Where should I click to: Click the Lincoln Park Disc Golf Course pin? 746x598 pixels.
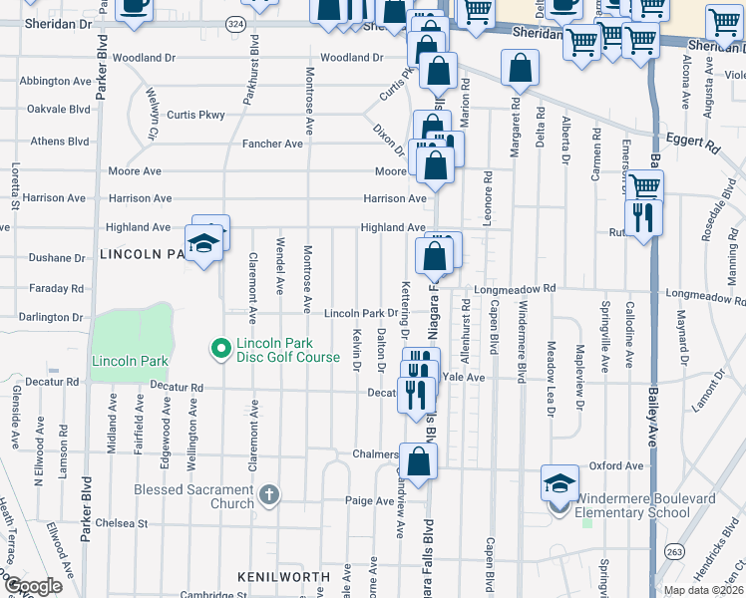pyautogui.click(x=220, y=349)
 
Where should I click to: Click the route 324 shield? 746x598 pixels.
pyautogui.click(x=233, y=23)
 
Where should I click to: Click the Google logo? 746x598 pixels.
pyautogui.click(x=33, y=586)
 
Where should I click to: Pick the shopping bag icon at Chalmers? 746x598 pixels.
pyautogui.click(x=421, y=461)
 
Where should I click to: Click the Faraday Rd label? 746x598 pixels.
pyautogui.click(x=63, y=288)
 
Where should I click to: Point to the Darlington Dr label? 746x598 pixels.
pyautogui.click(x=51, y=318)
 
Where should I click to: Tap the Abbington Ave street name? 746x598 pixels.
pyautogui.click(x=55, y=81)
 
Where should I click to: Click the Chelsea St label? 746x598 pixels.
pyautogui.click(x=121, y=522)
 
